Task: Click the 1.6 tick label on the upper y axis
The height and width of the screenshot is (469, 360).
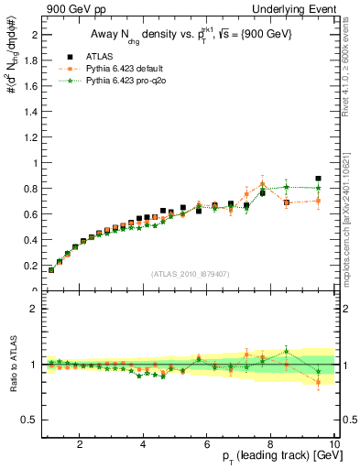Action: pos(30,86)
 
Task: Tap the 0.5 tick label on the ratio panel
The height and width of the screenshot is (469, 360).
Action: pos(30,420)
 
